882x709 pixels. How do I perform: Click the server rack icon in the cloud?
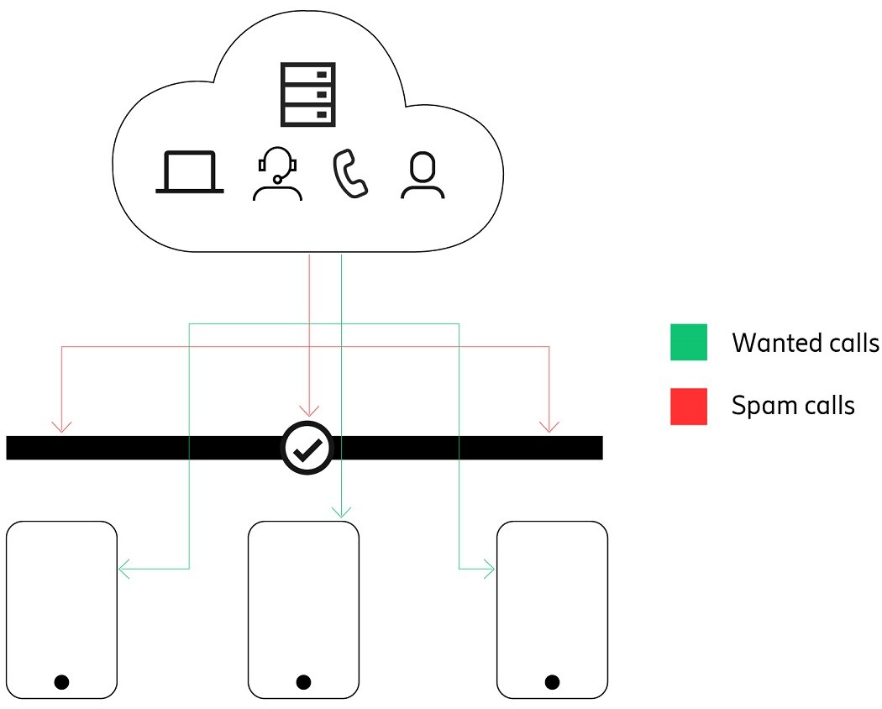(307, 93)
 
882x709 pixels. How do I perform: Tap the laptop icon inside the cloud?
(190, 172)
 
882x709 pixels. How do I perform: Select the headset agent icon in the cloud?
(277, 174)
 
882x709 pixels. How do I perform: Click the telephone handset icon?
(350, 174)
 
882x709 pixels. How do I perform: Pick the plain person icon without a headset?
(423, 175)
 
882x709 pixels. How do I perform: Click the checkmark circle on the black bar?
(307, 448)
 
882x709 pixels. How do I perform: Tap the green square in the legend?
(689, 342)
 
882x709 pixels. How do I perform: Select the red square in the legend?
(689, 406)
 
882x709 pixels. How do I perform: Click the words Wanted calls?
(805, 343)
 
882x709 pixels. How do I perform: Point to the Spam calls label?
(793, 406)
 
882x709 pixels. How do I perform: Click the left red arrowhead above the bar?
(62, 426)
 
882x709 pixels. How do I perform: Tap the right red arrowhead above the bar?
(549, 426)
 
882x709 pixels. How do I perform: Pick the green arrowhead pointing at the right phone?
(489, 570)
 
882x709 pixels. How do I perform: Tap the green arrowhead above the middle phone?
(341, 511)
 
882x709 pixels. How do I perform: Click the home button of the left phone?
(61, 681)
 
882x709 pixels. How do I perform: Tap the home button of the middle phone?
(304, 681)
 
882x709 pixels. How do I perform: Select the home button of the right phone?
(552, 681)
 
